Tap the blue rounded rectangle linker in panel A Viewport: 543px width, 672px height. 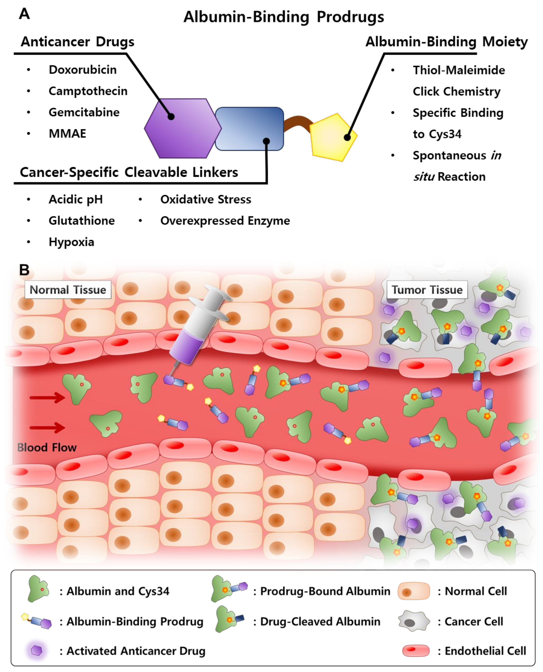pos(249,129)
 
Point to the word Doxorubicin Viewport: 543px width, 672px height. pos(83,70)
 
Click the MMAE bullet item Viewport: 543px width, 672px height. pos(67,133)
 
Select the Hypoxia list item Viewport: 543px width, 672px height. pos(71,242)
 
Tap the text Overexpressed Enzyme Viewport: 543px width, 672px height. pos(225,221)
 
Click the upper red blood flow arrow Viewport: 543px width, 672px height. pos(47,398)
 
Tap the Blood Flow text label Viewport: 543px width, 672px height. pos(47,447)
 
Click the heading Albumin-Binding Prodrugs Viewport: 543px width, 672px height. pos(284,17)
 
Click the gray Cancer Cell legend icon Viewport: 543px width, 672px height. pos(414,621)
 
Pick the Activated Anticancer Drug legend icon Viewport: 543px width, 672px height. pos(37,651)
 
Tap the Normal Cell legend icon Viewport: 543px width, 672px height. pos(414,591)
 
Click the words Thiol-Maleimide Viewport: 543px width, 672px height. pos(458,70)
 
